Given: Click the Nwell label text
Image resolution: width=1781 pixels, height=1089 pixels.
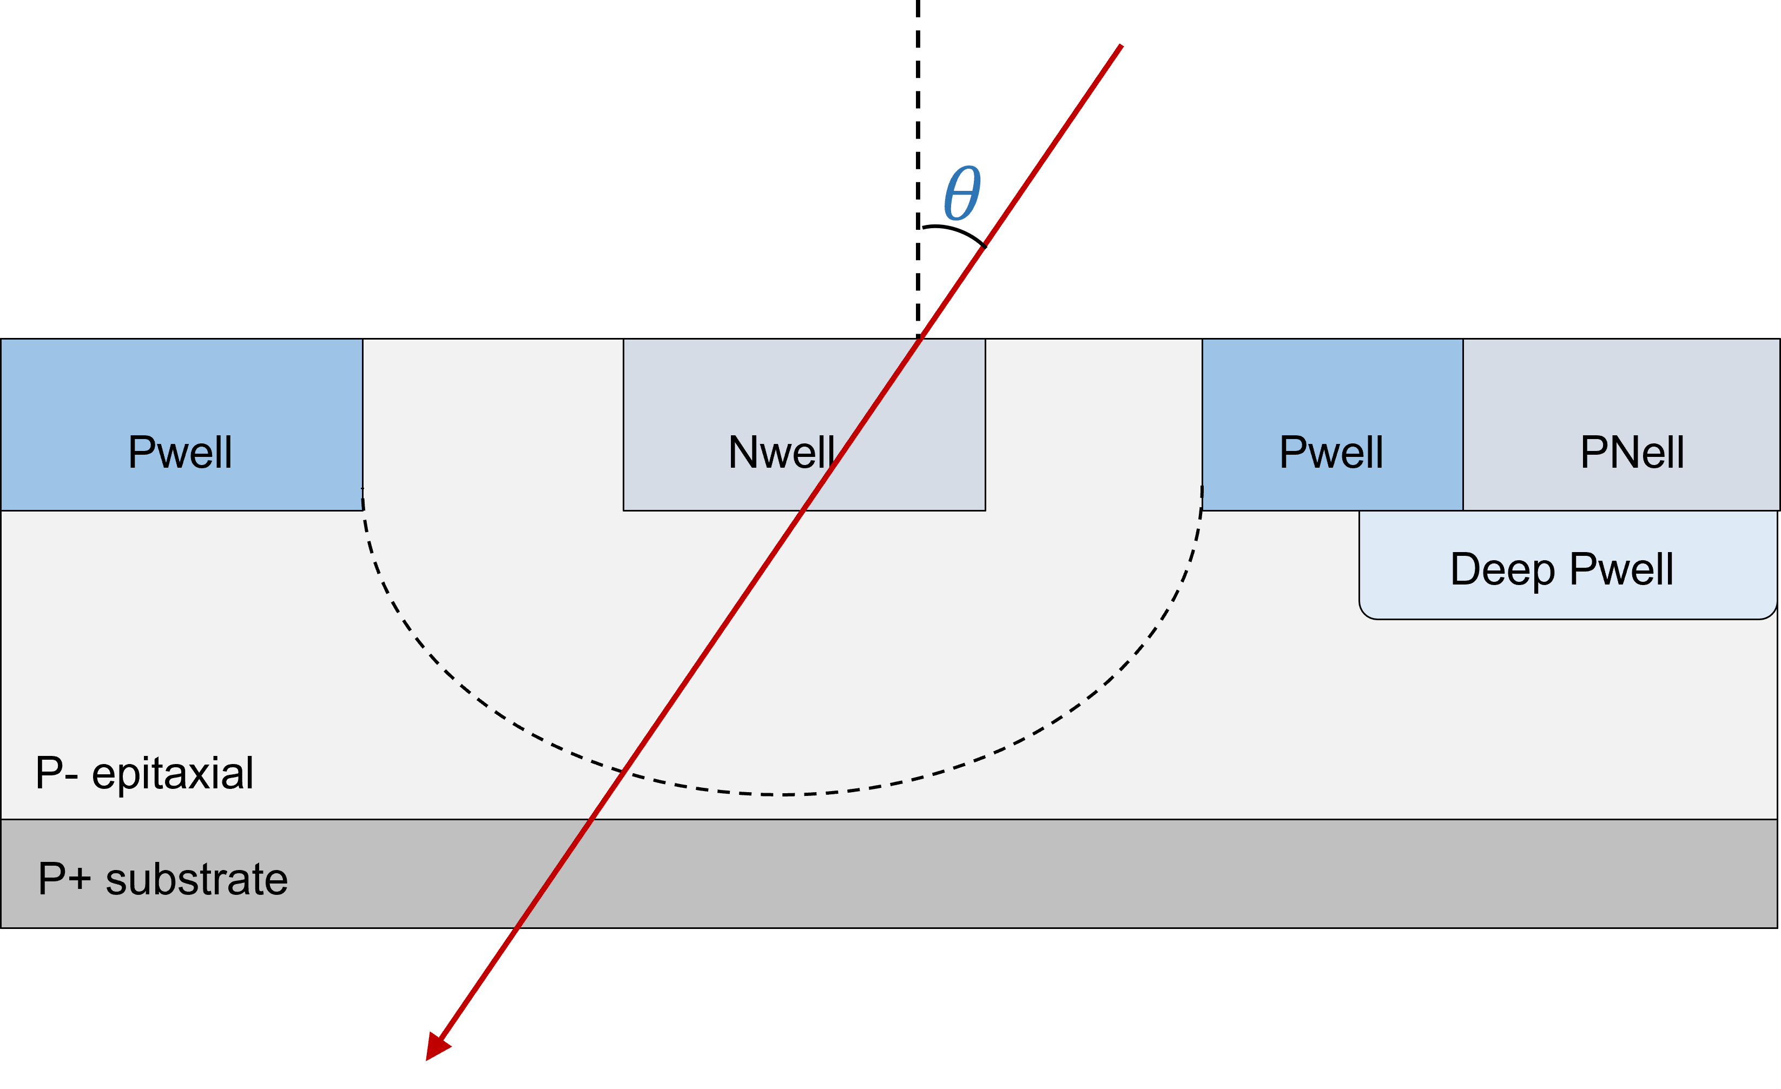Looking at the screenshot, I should (x=781, y=453).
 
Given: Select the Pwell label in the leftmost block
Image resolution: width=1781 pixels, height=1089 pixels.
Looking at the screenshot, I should (x=180, y=453).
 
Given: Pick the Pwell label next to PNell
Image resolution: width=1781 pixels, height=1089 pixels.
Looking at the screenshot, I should (x=1331, y=453).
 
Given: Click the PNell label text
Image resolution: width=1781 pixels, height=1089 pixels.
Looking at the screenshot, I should (x=1632, y=453).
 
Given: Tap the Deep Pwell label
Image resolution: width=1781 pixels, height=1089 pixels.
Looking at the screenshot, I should (x=1561, y=569).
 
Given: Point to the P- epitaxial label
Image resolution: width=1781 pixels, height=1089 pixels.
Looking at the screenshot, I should (x=144, y=773).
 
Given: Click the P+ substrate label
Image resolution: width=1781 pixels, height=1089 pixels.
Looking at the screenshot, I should (x=163, y=879).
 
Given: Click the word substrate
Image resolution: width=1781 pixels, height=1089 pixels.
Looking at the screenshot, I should (x=196, y=879).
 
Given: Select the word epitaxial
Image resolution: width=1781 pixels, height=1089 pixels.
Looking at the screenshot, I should (x=173, y=773).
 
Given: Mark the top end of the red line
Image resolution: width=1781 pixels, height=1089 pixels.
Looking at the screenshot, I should (x=1121, y=45).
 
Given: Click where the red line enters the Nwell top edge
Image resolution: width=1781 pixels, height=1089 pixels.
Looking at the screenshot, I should (x=920, y=339).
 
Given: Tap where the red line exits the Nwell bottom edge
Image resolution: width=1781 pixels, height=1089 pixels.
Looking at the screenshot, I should (x=802, y=511).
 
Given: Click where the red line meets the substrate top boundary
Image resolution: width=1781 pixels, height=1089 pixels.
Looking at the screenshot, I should (x=591, y=820).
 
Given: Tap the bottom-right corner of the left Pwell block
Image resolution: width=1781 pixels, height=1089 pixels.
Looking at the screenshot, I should (x=362, y=510).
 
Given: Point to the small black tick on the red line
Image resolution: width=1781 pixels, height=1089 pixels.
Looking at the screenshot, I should (x=984, y=247).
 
